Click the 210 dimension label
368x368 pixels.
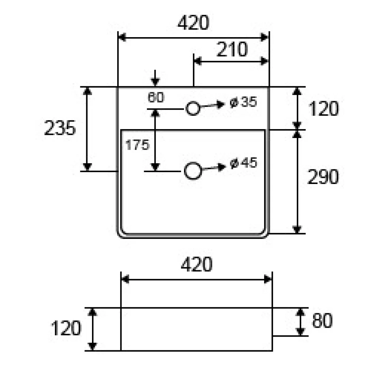[232, 49]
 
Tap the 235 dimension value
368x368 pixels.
[60, 128]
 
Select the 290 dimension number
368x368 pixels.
[323, 177]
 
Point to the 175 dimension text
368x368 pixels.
[137, 145]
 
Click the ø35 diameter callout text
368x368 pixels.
[243, 102]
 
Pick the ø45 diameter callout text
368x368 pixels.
[244, 163]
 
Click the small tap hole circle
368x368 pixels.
[193, 108]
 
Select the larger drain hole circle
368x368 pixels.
[193, 171]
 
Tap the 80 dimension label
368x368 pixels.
[322, 321]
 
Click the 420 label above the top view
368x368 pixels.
[193, 22]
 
